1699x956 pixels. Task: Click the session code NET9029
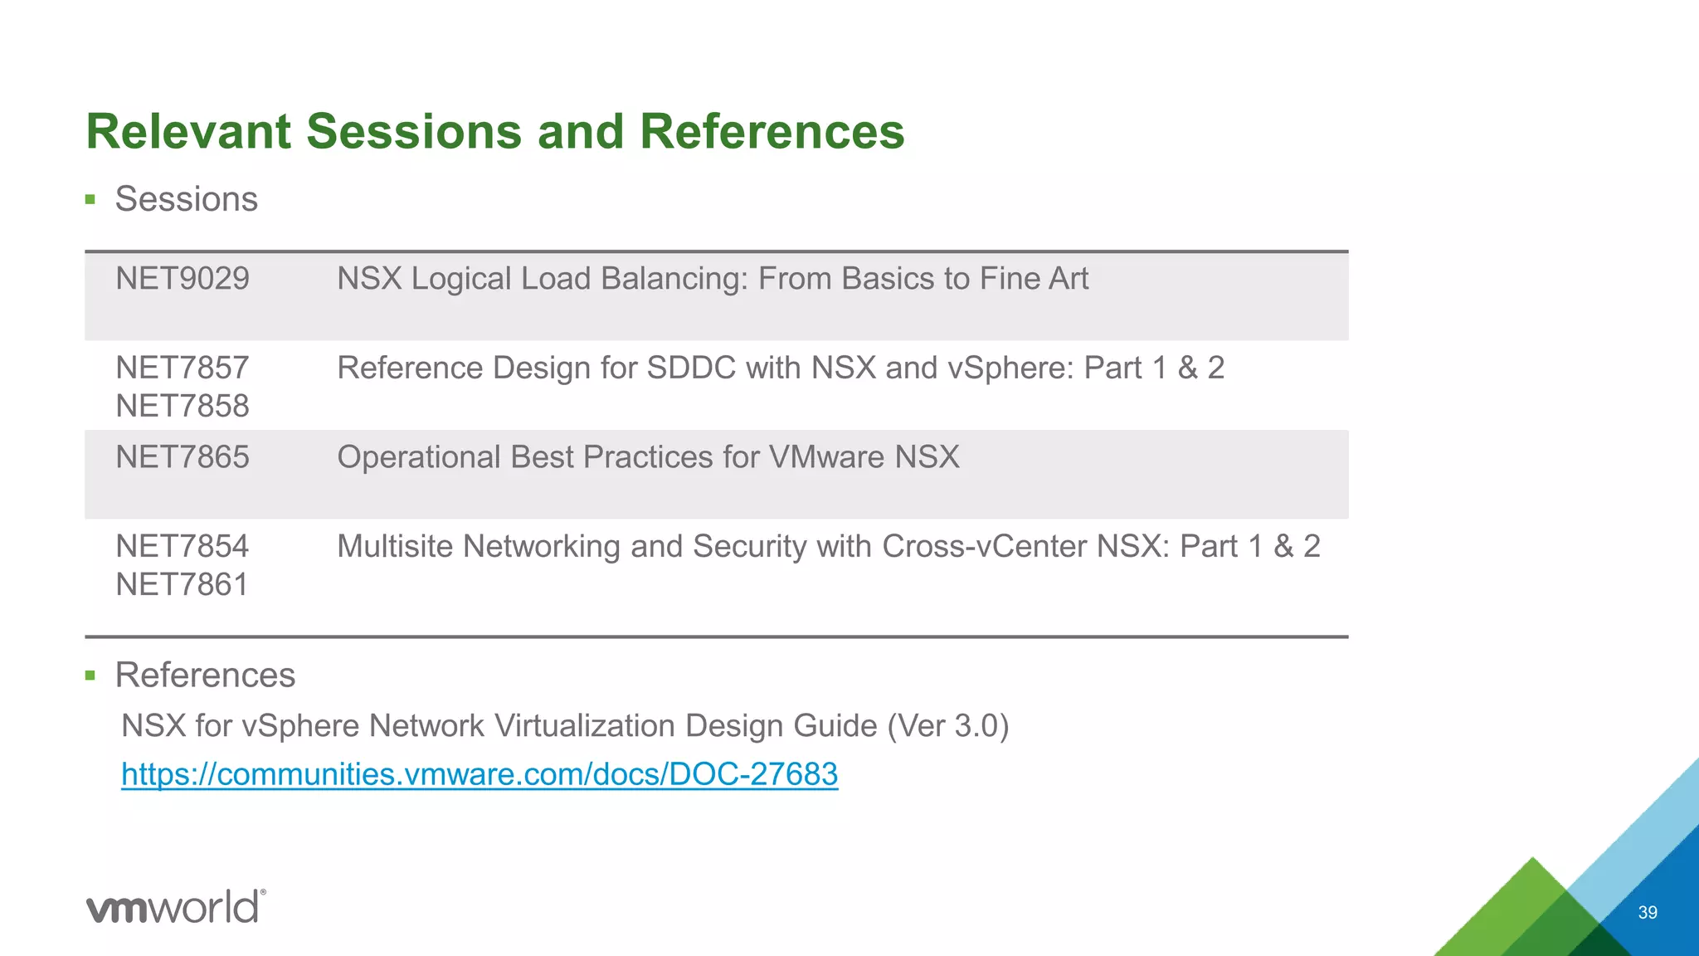coord(182,279)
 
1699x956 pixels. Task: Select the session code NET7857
coord(182,368)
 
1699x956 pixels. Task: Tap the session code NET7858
coord(182,407)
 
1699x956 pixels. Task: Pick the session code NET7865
coord(182,457)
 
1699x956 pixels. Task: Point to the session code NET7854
coord(182,547)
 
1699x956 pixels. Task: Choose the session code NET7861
coord(182,585)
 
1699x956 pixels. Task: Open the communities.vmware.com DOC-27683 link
coord(480,774)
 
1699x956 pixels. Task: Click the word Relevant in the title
coord(189,132)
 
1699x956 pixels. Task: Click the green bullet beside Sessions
coord(90,199)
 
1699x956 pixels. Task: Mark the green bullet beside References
coord(90,676)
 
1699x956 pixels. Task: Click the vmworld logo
coord(175,906)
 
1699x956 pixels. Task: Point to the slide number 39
coord(1648,912)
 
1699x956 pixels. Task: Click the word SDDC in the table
coord(691,368)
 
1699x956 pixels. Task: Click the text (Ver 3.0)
coord(947,726)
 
